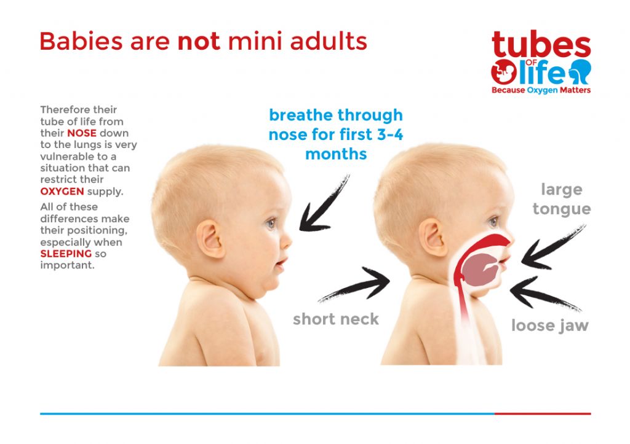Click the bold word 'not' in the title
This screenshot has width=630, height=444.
(199, 41)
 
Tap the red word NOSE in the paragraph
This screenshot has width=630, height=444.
(82, 133)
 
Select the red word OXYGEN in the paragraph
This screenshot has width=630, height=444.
(62, 192)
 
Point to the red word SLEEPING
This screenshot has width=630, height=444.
(66, 254)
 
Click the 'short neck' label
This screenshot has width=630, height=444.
(336, 319)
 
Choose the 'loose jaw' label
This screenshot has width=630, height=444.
(550, 325)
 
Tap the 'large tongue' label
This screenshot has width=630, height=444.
(561, 199)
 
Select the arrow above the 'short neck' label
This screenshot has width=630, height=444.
(354, 284)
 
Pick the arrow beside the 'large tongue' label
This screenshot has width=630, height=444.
(553, 247)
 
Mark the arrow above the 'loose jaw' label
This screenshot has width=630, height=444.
(545, 293)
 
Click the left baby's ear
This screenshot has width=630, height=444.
(210, 239)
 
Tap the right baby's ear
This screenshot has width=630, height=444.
(433, 237)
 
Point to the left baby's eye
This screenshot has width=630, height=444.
(271, 223)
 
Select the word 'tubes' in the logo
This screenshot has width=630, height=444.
(541, 44)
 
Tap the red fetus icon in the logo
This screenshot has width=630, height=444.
(504, 72)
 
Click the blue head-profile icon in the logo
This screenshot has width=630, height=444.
(580, 71)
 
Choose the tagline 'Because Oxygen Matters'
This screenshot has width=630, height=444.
(541, 90)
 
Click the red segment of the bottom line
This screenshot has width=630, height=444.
(543, 413)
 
